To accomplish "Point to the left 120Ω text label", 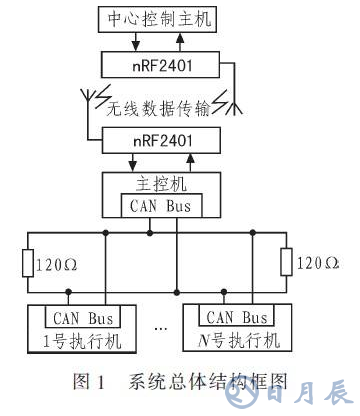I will (x=58, y=266).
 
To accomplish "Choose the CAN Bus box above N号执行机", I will (x=236, y=317).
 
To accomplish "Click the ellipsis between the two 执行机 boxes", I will (x=160, y=328).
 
